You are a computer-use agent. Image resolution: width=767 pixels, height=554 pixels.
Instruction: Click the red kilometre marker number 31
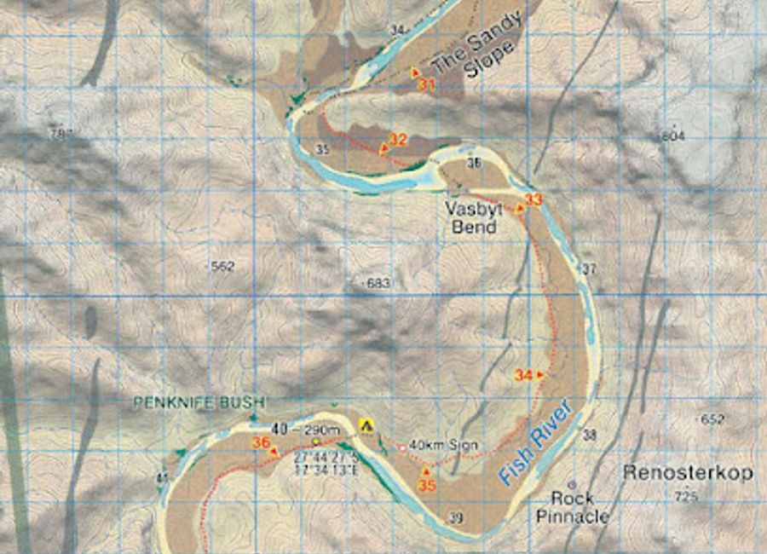coord(427,85)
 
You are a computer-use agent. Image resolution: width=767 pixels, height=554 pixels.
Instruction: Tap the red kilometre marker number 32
coord(398,139)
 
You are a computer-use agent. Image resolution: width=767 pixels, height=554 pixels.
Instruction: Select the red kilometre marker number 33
coord(533,200)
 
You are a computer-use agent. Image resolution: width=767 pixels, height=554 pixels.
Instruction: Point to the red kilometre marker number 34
coord(522,375)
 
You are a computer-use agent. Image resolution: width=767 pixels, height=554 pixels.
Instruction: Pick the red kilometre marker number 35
coord(426,485)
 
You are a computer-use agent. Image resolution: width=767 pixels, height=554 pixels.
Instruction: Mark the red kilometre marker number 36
coord(261,442)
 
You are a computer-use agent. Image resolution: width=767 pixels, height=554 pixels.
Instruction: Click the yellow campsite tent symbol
coord(367,424)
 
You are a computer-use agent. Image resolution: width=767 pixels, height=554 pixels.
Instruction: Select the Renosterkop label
coord(688,473)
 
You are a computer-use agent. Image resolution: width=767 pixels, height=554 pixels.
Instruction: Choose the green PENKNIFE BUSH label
coord(199,402)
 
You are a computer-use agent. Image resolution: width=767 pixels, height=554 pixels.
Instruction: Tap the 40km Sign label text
coord(443,445)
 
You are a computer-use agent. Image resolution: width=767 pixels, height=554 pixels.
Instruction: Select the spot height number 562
coord(222,267)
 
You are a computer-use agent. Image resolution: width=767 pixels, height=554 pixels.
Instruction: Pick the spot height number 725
coord(685,496)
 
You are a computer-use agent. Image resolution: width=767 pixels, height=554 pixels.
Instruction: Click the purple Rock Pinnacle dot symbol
coord(573,485)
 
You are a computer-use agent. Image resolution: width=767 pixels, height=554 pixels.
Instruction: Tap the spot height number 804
coord(672,136)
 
